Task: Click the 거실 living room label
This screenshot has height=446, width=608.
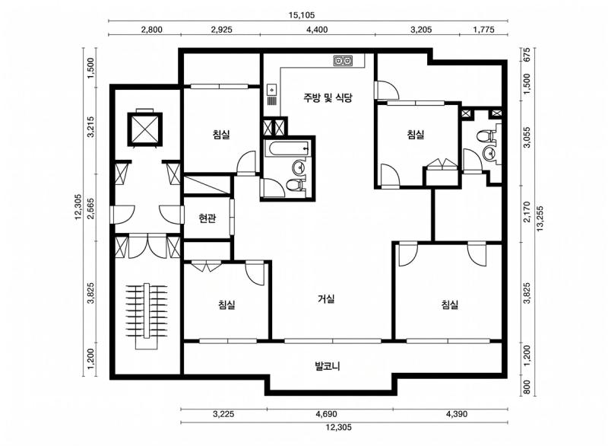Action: (x=326, y=298)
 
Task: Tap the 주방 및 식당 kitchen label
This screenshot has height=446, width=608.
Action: (x=328, y=97)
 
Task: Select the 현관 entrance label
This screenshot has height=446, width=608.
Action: (x=207, y=218)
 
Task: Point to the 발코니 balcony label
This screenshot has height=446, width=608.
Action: (x=328, y=365)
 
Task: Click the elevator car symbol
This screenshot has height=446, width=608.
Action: (x=144, y=129)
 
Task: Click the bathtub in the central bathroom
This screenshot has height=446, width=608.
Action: (x=287, y=149)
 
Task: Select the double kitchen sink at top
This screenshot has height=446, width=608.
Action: (x=344, y=60)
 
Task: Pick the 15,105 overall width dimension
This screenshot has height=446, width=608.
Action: (x=302, y=15)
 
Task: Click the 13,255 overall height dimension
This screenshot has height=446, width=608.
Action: (x=540, y=218)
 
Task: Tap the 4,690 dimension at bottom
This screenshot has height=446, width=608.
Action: (x=326, y=414)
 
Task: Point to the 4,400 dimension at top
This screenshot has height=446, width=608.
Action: (x=317, y=30)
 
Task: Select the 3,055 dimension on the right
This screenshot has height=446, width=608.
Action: (x=527, y=138)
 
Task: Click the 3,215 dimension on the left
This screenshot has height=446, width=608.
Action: (x=90, y=126)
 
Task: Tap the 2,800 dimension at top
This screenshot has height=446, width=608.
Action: (x=151, y=30)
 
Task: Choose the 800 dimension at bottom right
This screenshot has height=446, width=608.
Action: (x=527, y=387)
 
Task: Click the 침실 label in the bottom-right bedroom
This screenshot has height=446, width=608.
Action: (x=450, y=304)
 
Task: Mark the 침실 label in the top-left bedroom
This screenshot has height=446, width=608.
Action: (x=221, y=134)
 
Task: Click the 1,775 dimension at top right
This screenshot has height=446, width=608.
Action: (x=483, y=30)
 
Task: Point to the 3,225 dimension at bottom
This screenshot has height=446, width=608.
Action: (x=223, y=414)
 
